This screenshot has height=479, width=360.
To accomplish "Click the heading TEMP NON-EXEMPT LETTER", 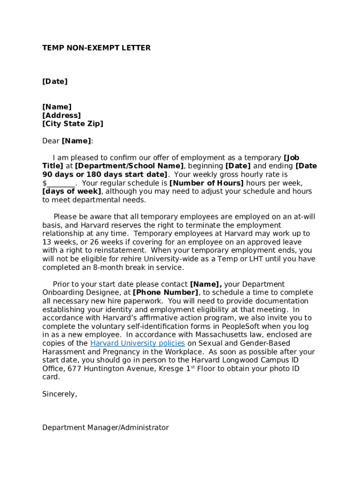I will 96,48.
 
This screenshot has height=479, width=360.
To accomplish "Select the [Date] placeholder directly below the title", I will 55,81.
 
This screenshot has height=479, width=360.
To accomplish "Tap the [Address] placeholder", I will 61,115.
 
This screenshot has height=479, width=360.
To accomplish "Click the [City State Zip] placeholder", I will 72,123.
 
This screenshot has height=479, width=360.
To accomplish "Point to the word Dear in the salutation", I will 51,141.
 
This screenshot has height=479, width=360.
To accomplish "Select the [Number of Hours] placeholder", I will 206,183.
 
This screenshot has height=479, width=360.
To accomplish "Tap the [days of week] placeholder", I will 72,191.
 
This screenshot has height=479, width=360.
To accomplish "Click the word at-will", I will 304,217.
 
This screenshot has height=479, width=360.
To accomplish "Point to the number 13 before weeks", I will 47,242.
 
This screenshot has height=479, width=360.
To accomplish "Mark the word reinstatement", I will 104,250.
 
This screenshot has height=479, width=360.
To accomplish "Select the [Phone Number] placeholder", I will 166,293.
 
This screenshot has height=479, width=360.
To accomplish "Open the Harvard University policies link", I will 137,343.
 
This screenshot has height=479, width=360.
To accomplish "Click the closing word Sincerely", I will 59,394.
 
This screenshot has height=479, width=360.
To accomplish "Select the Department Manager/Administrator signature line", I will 105,428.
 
